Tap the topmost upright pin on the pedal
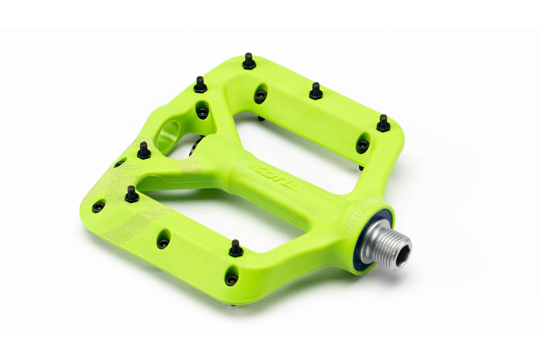click(248, 60)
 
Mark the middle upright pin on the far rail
click(316, 90)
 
